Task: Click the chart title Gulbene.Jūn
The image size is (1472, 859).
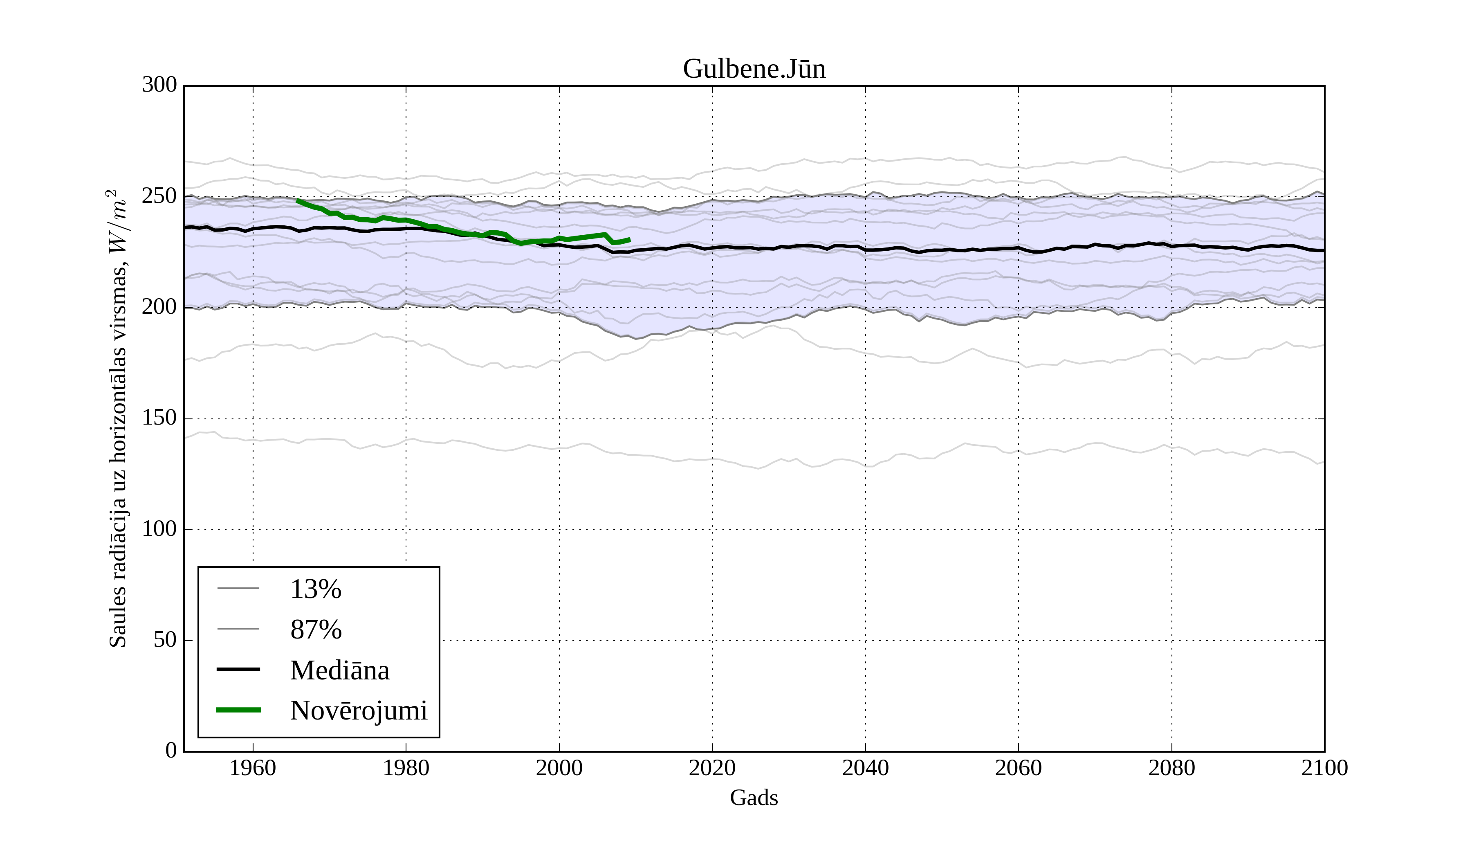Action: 754,69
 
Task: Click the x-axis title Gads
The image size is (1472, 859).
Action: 754,798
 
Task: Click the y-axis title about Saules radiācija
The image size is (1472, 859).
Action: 118,418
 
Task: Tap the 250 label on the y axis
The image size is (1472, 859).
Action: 159,196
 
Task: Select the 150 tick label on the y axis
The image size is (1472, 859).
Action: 159,418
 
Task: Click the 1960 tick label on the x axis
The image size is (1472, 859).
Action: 253,768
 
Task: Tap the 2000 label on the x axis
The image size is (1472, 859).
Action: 559,768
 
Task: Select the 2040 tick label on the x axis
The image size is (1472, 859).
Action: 865,768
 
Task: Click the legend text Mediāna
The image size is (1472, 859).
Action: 339,670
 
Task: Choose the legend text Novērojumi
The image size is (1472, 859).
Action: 359,711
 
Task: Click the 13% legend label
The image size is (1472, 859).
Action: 315,589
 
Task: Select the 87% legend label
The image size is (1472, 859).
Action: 315,630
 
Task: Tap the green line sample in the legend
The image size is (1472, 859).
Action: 238,710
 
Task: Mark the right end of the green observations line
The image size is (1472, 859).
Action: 630,239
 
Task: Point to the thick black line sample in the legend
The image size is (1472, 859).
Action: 238,669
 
